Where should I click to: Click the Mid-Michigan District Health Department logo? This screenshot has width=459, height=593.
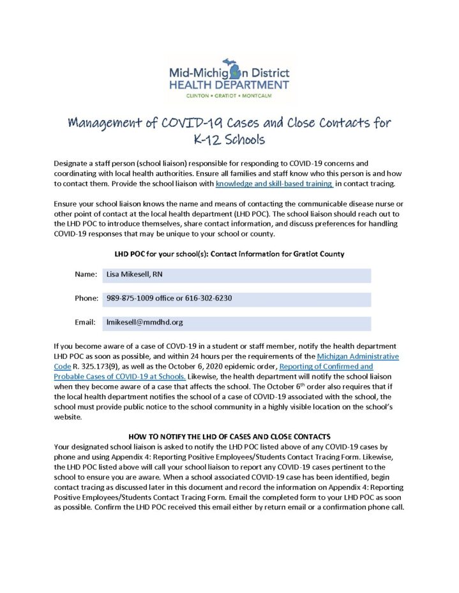pyautogui.click(x=229, y=77)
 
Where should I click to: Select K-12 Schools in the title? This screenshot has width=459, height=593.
pyautogui.click(x=229, y=139)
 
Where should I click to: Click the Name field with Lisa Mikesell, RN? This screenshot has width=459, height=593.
pyautogui.click(x=236, y=275)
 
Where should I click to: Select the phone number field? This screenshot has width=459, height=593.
pyautogui.click(x=236, y=298)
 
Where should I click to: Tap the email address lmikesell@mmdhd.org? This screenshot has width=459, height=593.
pyautogui.click(x=145, y=323)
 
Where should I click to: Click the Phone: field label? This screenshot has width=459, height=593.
pyautogui.click(x=86, y=298)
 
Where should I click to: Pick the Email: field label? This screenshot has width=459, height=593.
pyautogui.click(x=86, y=323)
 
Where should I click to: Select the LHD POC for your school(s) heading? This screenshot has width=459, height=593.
pyautogui.click(x=229, y=254)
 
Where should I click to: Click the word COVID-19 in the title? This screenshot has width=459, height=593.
pyautogui.click(x=239, y=122)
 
